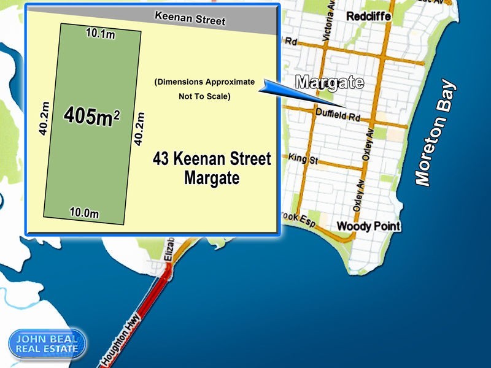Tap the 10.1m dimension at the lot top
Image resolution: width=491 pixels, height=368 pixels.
[x=101, y=34]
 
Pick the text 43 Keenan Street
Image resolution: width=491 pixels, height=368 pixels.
[x=211, y=159]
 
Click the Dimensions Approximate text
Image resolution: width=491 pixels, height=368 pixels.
[x=204, y=82]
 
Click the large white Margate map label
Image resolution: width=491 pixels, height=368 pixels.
[x=330, y=82]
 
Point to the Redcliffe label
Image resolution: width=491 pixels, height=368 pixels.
[x=368, y=17]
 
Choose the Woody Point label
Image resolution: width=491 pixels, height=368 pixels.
[x=368, y=226]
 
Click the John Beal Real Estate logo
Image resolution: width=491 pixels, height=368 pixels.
[x=47, y=344]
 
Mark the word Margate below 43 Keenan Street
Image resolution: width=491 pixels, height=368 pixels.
[x=211, y=179]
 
